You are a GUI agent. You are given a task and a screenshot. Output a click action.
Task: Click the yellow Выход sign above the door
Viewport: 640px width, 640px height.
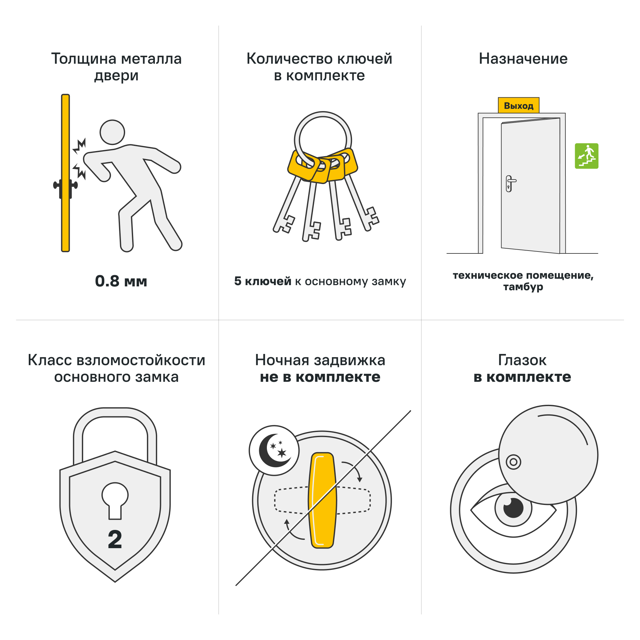[x=518, y=105]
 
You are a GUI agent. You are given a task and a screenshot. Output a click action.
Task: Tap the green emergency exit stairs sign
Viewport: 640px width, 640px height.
[x=586, y=156]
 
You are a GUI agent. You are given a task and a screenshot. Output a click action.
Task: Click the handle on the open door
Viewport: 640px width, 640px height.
[x=510, y=183]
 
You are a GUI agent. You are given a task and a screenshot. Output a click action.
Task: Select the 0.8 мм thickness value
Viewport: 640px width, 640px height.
[x=121, y=281]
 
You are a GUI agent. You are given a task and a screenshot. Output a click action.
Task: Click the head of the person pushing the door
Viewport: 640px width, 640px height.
[x=112, y=132]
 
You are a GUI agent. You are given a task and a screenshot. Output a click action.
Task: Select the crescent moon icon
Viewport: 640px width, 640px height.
[x=274, y=451]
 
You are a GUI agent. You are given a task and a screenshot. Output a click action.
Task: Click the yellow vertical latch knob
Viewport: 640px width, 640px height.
[x=322, y=500]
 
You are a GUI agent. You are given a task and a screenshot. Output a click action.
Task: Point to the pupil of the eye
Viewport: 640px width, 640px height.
[x=513, y=508]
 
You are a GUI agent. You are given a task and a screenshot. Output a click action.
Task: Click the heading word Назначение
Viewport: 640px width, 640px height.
[x=523, y=59]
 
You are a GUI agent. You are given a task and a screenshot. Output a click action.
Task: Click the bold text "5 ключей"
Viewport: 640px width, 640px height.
[x=262, y=281]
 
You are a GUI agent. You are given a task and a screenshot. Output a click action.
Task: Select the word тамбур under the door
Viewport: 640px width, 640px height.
[x=523, y=287]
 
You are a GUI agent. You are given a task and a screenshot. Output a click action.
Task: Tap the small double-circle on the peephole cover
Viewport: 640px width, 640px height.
[x=514, y=462]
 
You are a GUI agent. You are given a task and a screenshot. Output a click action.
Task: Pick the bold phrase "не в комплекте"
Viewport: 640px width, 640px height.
[x=320, y=377]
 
